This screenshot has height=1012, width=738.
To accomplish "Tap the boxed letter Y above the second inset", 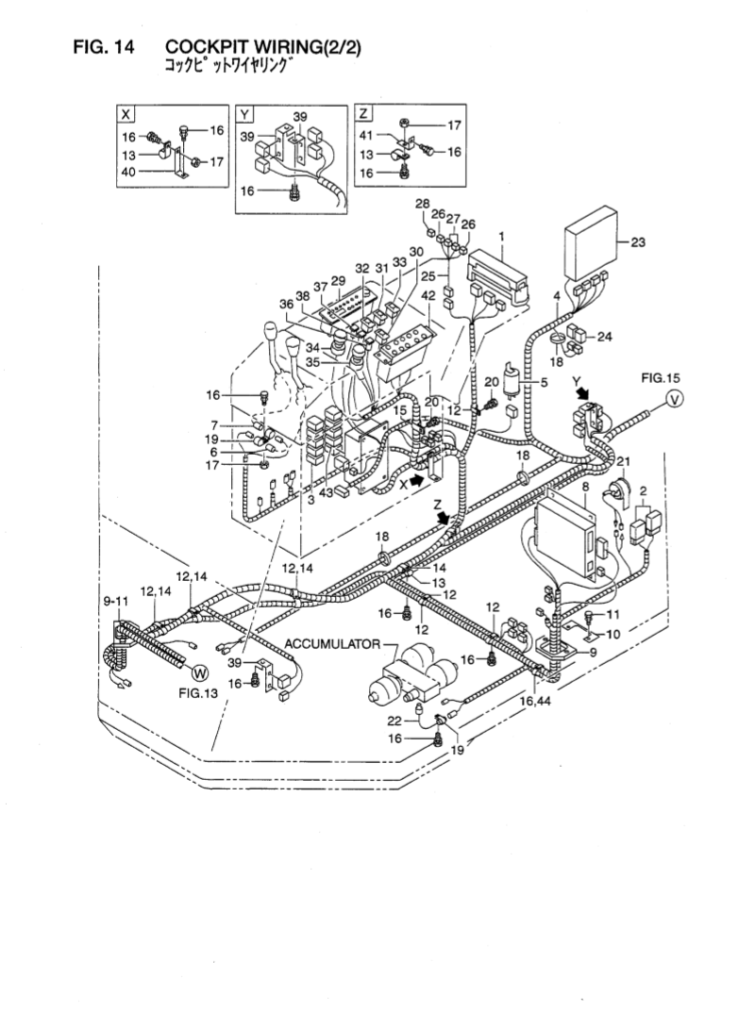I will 245,113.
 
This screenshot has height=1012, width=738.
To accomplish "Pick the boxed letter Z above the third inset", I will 364,113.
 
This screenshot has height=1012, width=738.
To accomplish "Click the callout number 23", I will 638,242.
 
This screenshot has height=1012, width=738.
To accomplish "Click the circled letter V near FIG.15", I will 674,400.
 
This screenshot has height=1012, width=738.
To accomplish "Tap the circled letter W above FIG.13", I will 198,672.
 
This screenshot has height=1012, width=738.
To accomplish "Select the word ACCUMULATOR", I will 333,645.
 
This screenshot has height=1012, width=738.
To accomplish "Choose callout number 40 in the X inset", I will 127,172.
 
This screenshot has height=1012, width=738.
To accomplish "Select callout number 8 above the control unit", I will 585,488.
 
